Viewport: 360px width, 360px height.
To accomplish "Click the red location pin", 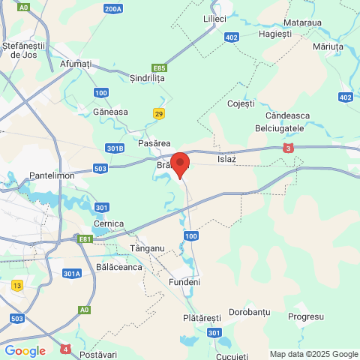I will pos(181,163).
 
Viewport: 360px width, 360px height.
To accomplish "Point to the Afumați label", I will pos(75,64).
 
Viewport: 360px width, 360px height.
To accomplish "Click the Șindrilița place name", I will pos(147,77).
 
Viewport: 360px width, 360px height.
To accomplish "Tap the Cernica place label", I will pos(108,223).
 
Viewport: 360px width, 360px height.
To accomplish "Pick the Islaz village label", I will pos(226,159).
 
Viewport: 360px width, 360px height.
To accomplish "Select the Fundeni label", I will pos(184,282).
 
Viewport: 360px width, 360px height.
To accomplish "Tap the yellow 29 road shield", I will pos(158,113).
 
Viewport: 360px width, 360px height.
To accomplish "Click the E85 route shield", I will pos(158,68).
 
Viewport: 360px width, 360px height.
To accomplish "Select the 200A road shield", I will pos(113,9).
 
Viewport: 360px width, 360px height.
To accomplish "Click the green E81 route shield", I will pos(86,239).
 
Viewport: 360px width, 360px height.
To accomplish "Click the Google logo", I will pos(25,350).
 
